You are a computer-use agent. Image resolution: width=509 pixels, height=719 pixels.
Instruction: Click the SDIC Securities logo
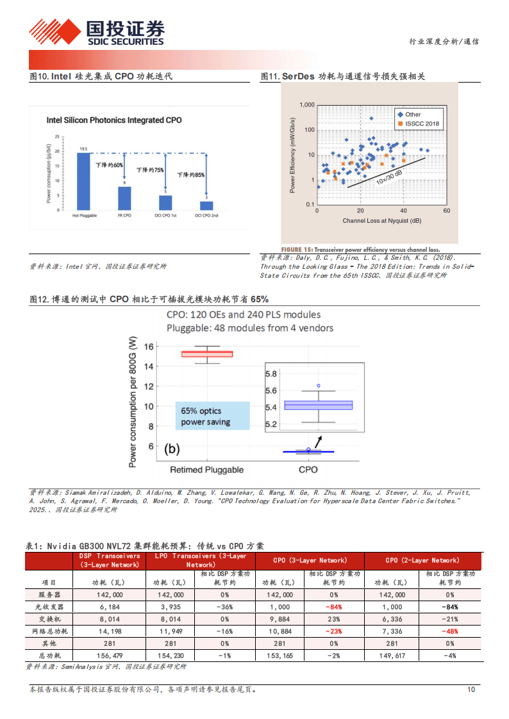97,32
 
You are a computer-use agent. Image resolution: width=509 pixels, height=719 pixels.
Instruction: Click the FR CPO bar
124,198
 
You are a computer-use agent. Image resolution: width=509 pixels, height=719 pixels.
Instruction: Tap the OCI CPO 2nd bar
206,206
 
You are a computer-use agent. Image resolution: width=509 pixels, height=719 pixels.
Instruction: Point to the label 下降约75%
150,170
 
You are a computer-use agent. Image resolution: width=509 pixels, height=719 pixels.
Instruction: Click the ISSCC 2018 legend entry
419,124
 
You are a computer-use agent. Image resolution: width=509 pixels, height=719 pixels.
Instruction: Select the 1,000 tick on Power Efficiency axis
306,104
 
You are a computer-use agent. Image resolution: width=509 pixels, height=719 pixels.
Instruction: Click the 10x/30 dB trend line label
389,175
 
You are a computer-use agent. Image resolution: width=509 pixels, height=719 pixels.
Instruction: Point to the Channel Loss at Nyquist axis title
382,221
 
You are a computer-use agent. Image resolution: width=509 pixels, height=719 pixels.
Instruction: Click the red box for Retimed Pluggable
206,353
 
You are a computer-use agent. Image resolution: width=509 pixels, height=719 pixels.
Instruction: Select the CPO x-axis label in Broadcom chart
308,470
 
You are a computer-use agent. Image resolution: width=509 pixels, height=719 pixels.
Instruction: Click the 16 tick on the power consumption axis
149,346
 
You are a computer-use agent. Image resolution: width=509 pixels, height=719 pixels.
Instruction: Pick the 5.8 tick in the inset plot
271,373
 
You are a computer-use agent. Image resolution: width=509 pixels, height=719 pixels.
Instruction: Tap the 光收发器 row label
49,607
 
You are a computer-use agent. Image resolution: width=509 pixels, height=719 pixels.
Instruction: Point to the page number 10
471,690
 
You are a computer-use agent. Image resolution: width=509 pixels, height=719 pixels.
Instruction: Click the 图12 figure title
149,299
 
